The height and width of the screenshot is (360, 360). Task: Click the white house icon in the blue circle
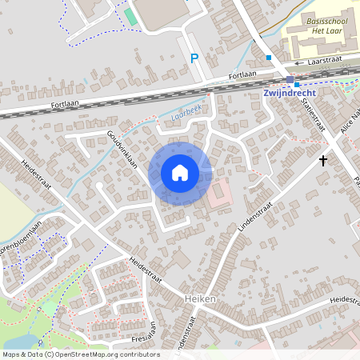click(x=180, y=173)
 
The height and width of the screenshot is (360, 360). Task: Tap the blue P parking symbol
click(x=194, y=58)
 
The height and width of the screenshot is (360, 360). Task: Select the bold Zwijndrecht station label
click(x=290, y=92)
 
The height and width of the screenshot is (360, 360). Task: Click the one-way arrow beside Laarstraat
click(x=298, y=62)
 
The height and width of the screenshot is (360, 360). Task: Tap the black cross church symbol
click(x=323, y=161)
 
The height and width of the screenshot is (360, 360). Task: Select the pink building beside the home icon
click(x=219, y=191)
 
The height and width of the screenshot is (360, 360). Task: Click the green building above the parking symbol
click(x=130, y=17)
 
